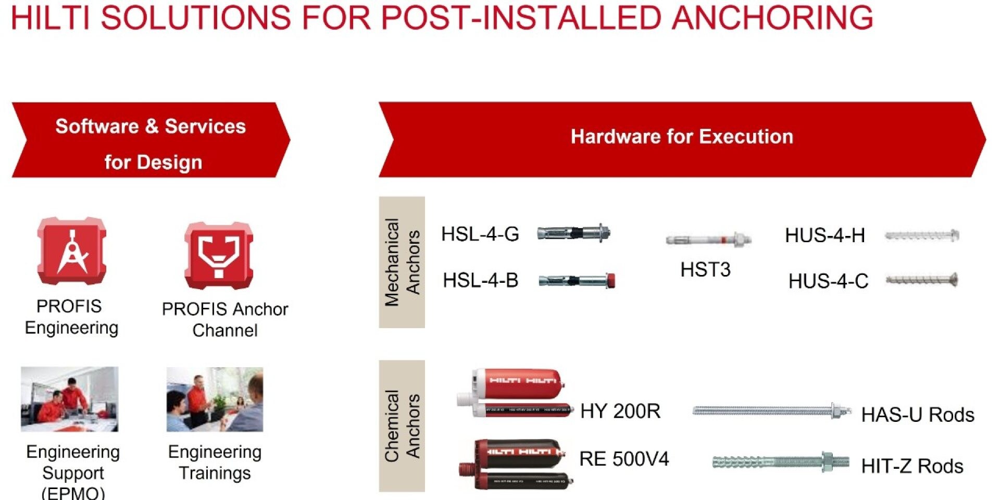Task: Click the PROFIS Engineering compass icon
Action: [x=72, y=251]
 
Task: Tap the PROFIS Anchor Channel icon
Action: [x=219, y=255]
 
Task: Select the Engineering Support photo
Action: [x=70, y=399]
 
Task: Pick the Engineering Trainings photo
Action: [x=215, y=399]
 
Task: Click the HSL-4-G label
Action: [x=480, y=234]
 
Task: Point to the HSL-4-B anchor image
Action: [x=577, y=281]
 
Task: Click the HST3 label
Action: [x=705, y=270]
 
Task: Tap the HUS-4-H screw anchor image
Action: [x=922, y=236]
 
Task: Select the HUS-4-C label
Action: [x=828, y=281]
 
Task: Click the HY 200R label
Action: [x=620, y=411]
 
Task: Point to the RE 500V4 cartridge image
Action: [x=516, y=464]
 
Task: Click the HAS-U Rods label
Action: [x=918, y=415]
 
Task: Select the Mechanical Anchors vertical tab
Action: [x=402, y=262]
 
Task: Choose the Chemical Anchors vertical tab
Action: [x=402, y=426]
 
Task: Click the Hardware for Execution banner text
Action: [x=682, y=136]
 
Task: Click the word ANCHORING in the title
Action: [x=772, y=17]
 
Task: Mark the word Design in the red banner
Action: [x=169, y=162]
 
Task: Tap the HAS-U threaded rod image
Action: [x=771, y=411]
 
